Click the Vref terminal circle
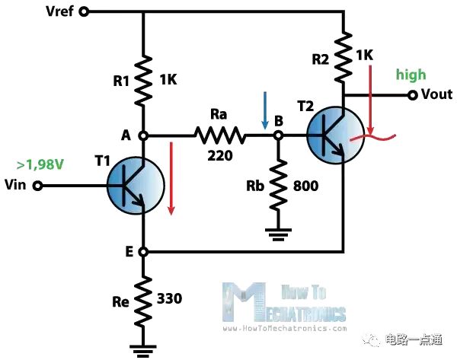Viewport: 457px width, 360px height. pyautogui.click(x=85, y=12)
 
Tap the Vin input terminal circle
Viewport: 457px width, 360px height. pyautogui.click(x=37, y=186)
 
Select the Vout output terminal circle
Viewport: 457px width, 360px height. pyautogui.click(x=412, y=95)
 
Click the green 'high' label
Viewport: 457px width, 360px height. pyautogui.click(x=411, y=75)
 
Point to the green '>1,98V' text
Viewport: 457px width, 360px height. pyautogui.click(x=40, y=165)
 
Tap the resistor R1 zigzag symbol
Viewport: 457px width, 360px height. pyautogui.click(x=143, y=80)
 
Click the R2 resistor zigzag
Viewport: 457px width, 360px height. pyautogui.click(x=344, y=57)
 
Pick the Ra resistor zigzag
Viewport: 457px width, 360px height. pyautogui.click(x=219, y=135)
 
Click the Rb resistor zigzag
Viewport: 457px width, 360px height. pyautogui.click(x=278, y=185)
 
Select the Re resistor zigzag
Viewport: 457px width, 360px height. pyautogui.click(x=143, y=301)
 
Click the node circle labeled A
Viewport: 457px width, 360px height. pyautogui.click(x=143, y=135)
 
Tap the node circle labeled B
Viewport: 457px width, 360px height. pyautogui.click(x=278, y=135)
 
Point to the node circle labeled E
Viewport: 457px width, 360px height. pyautogui.click(x=143, y=252)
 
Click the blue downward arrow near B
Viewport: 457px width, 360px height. pyautogui.click(x=265, y=110)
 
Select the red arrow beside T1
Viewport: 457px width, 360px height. pyautogui.click(x=171, y=179)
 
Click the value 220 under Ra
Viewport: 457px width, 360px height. pyautogui.click(x=220, y=156)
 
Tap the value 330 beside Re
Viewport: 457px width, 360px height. pyautogui.click(x=170, y=298)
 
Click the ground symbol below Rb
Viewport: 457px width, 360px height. pyautogui.click(x=278, y=234)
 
